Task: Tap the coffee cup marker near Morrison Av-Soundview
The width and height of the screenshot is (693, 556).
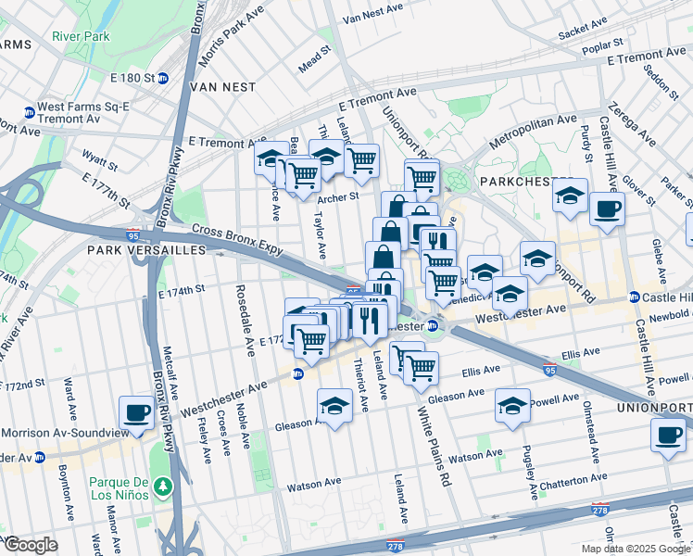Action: click(136, 412)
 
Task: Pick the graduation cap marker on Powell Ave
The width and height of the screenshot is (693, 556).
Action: click(511, 406)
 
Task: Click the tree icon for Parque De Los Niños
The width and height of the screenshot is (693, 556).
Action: click(163, 485)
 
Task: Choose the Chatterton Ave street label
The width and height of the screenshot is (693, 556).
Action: click(565, 480)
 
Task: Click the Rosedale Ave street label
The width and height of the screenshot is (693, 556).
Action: click(248, 319)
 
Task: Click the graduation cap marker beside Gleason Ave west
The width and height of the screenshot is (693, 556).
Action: click(334, 406)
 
